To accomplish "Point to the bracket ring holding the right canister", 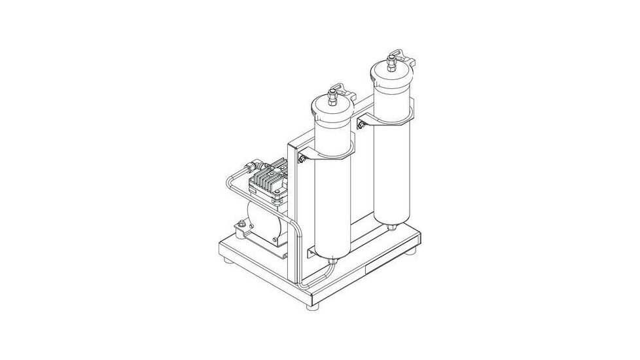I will tap(386, 119).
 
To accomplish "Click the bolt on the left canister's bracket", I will tap(302, 158).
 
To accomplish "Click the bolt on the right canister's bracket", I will tap(360, 122).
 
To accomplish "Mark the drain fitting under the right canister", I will tap(391, 226).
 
